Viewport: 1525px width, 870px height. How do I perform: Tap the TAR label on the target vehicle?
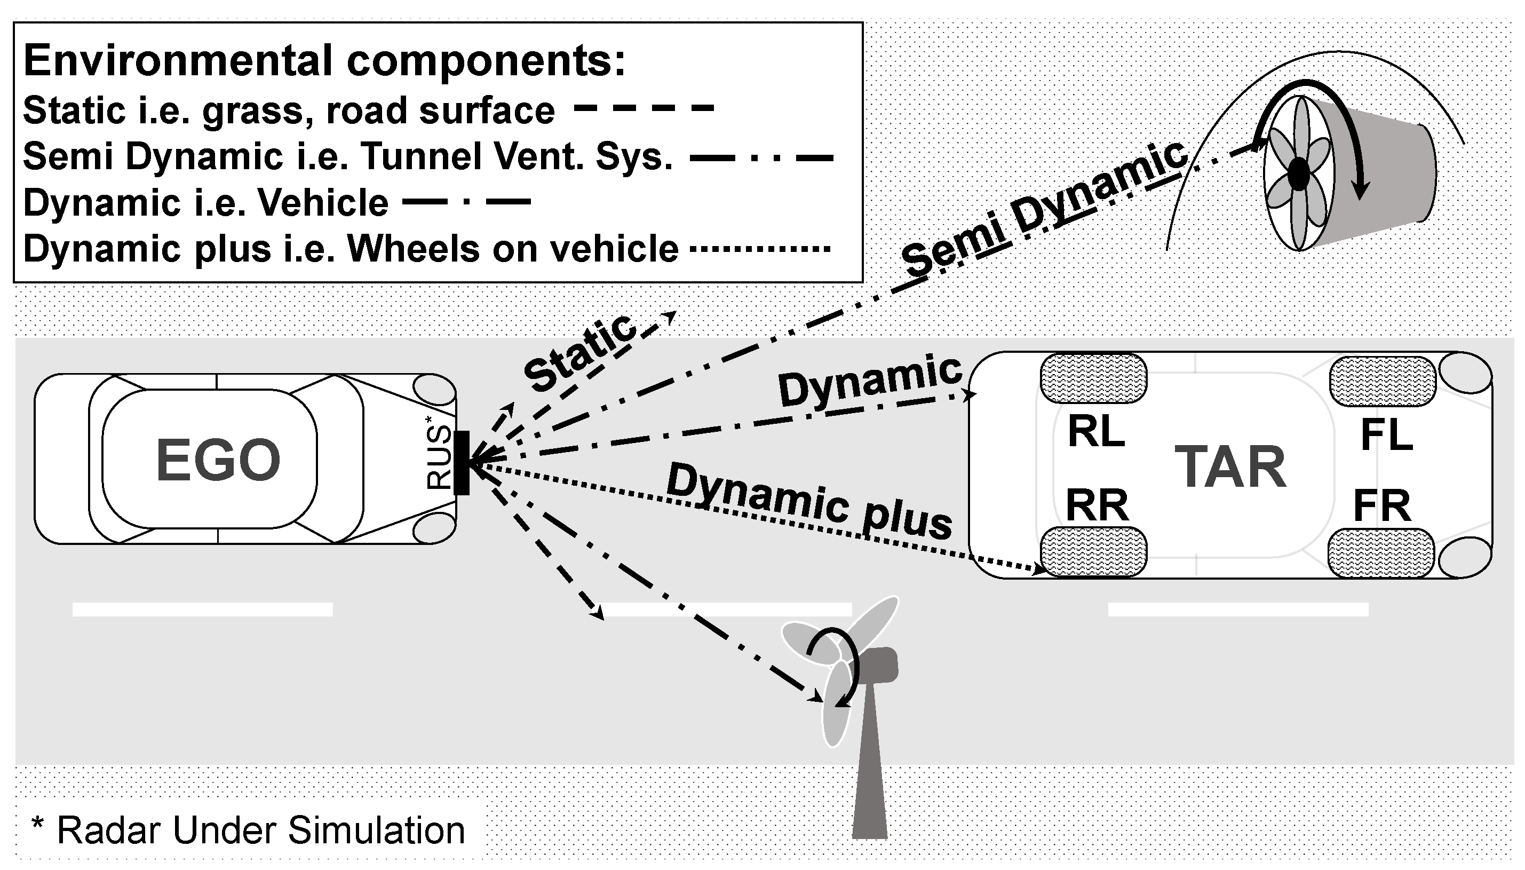1230,467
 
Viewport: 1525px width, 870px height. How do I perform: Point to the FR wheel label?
1381,506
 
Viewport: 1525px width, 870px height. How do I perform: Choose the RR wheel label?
1097,505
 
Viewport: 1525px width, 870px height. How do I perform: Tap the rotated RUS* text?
439,457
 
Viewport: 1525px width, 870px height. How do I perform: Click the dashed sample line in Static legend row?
644,109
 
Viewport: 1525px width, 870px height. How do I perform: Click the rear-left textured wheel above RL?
1094,378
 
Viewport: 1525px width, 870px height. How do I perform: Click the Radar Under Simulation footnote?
248,830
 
